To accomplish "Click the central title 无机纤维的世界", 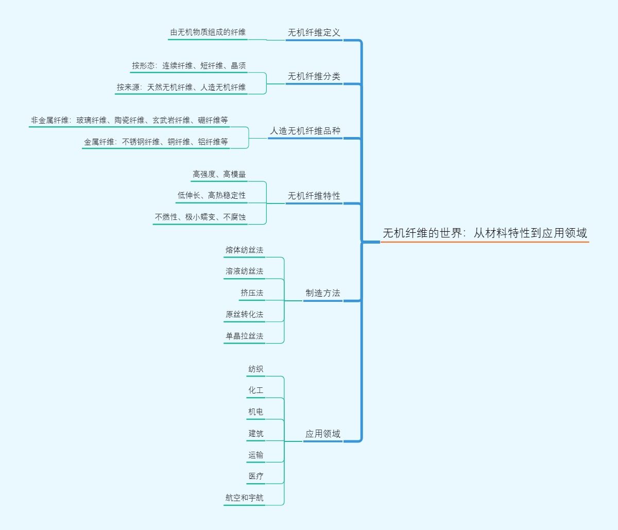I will (x=484, y=233).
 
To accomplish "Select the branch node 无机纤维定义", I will (x=314, y=32).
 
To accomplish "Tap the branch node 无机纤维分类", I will (x=314, y=76).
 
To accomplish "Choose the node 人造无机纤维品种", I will (x=305, y=131).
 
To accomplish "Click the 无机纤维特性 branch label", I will (x=314, y=196).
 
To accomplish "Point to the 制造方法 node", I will (x=322, y=293).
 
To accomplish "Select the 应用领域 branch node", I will (x=322, y=434).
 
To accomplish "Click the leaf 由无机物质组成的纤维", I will (x=208, y=32).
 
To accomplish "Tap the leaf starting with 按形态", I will (x=188, y=65).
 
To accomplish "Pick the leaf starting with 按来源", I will (x=181, y=87).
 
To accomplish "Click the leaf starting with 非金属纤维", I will (x=129, y=120).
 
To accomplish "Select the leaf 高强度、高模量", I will (x=219, y=174).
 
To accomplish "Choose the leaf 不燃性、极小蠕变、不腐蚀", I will (x=200, y=217).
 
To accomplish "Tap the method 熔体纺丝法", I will (x=244, y=250).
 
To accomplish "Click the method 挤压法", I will (x=251, y=293).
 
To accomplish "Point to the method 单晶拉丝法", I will (x=244, y=336).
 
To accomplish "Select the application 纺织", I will (x=255, y=369).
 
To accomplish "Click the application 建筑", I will (x=255, y=433).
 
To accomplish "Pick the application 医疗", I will (x=255, y=476).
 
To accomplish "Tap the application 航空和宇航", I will (x=244, y=498).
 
